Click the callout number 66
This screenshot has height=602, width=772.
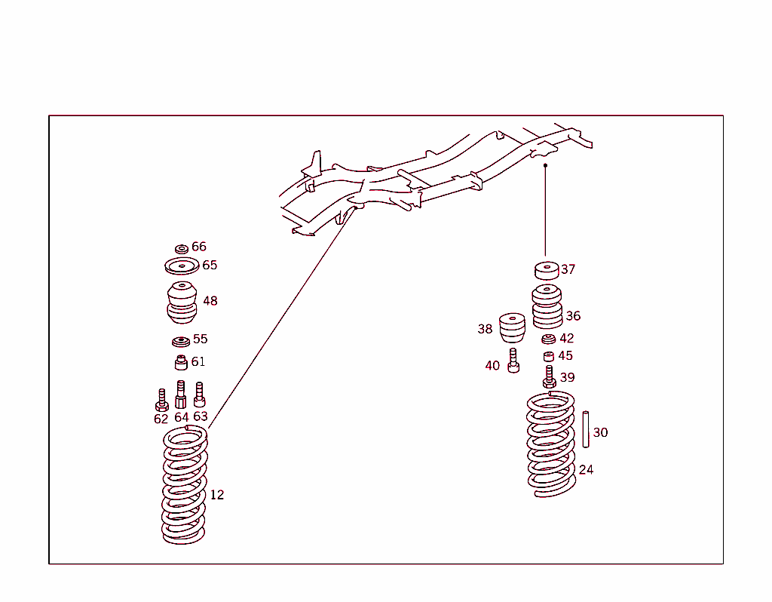[x=198, y=247]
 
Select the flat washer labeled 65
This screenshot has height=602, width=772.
[x=182, y=266]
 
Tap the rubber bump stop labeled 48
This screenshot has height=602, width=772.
[x=182, y=301]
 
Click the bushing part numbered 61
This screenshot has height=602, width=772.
[x=181, y=363]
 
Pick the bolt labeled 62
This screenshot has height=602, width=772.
[x=161, y=401]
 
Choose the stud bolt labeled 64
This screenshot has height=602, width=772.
[x=181, y=395]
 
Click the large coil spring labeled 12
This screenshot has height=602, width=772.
[x=185, y=486]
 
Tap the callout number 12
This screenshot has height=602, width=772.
[x=217, y=495]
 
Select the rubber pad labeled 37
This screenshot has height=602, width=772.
[x=547, y=270]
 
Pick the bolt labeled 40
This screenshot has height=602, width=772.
[x=513, y=361]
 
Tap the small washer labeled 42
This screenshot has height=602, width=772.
[x=549, y=339]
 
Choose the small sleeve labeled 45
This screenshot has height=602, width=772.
[x=549, y=356]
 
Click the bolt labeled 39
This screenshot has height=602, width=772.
[x=550, y=376]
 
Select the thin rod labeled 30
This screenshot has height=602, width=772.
[x=585, y=429]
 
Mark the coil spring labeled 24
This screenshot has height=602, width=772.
[x=551, y=445]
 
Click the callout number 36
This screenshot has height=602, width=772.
[x=573, y=316]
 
